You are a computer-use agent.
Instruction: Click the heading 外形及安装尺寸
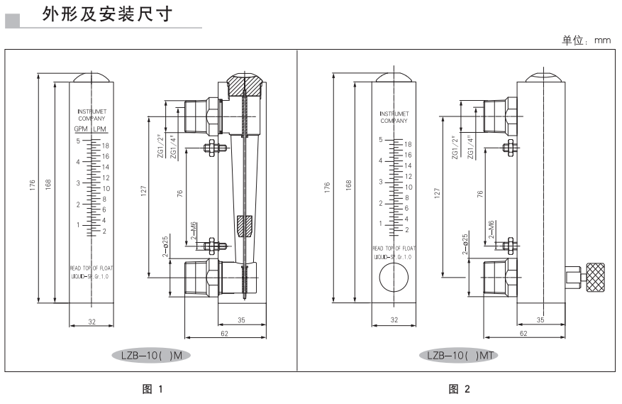coord(108,15)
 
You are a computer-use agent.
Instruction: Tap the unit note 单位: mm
coord(587,41)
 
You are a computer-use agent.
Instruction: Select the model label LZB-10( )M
coord(152,353)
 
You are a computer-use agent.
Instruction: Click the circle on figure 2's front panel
coord(393,277)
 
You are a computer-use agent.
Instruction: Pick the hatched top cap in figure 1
coord(244,89)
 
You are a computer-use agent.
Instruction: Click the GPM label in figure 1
coord(82,129)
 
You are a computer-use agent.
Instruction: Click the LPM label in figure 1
coord(101,129)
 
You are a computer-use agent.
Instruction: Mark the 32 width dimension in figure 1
coord(91,322)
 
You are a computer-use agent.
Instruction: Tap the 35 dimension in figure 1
coord(241,321)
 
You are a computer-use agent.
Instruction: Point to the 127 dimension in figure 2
coord(438,192)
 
